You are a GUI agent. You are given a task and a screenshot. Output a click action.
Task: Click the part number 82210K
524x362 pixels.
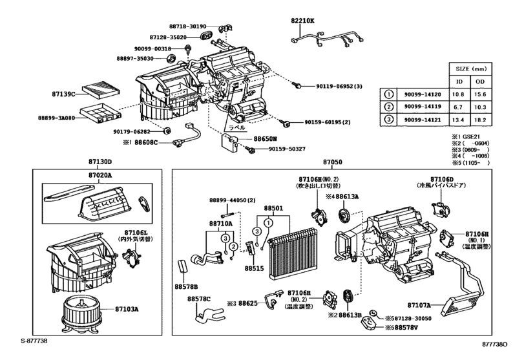(302, 21)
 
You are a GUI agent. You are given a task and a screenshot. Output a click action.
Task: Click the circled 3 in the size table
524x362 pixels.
(388, 120)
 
